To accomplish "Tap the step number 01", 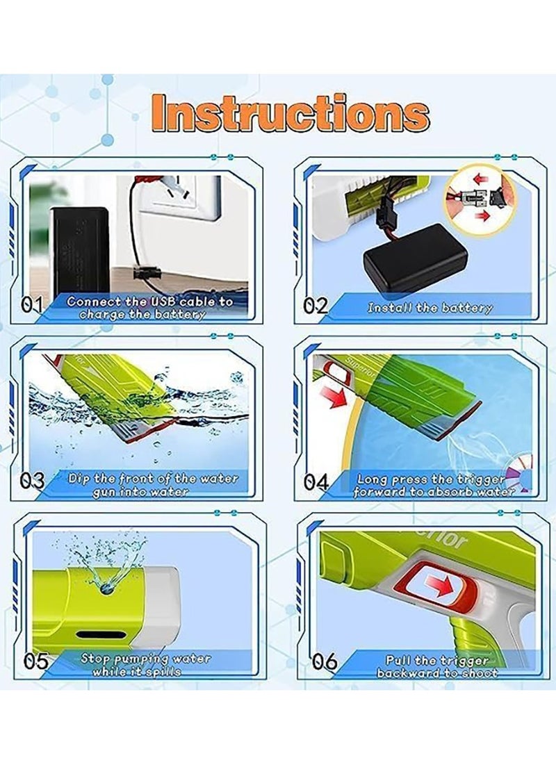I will (32, 305).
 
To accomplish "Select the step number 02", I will (316, 306).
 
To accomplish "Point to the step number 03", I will (33, 481).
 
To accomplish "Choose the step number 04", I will (316, 481).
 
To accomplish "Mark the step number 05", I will (35, 660).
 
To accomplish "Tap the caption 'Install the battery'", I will (430, 308).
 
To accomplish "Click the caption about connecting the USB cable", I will (149, 308).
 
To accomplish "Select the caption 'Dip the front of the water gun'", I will (153, 484).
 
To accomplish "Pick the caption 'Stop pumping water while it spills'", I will (145, 664).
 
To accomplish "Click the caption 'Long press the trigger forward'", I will (434, 485).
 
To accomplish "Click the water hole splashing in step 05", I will (107, 587).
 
